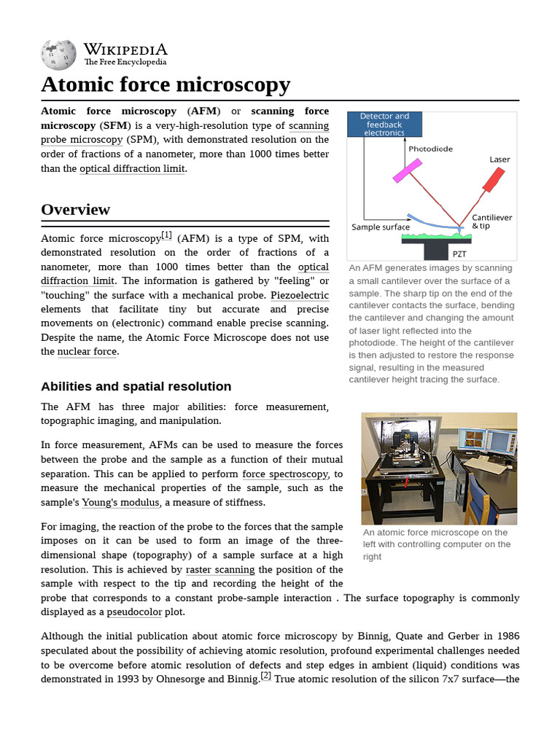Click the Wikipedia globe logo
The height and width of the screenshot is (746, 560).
click(58, 53)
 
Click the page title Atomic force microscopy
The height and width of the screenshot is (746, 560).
click(166, 85)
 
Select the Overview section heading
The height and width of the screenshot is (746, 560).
click(75, 210)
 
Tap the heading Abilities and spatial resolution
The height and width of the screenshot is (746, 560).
click(136, 386)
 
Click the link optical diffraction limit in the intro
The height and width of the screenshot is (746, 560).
click(133, 168)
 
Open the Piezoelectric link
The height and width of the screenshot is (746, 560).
click(300, 296)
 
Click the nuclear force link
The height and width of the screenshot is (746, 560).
click(87, 352)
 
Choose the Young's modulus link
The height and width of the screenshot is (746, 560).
click(120, 503)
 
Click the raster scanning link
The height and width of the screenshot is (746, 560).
click(220, 570)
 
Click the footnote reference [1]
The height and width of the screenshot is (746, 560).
click(166, 235)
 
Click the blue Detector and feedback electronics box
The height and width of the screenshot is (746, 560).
click(384, 125)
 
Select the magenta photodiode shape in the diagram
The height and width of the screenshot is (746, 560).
click(402, 170)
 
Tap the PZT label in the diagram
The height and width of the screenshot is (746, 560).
click(459, 254)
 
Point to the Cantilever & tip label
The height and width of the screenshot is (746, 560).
click(491, 221)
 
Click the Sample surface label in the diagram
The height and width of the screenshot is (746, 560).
click(381, 227)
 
